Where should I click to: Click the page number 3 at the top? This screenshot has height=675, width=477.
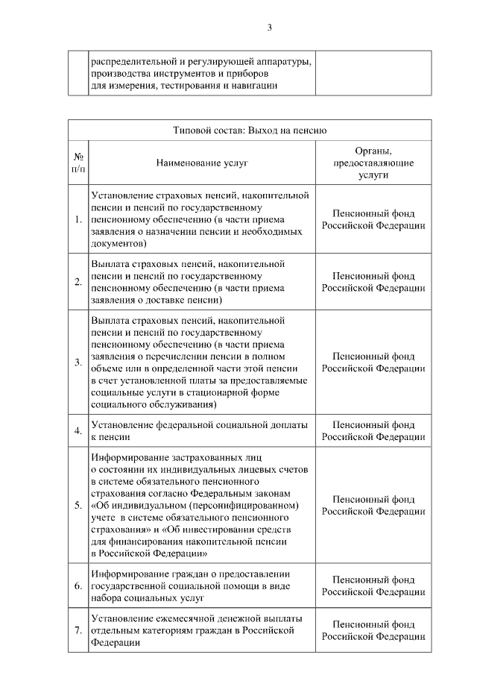[270, 28]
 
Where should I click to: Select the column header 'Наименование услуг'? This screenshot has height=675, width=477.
[202, 162]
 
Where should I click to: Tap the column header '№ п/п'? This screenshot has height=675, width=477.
[78, 163]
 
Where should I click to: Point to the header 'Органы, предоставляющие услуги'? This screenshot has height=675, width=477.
[373, 162]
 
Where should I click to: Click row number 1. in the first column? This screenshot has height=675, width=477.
[78, 219]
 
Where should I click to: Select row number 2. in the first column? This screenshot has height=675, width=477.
[78, 281]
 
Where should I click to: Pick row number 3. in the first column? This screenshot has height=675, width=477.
[78, 362]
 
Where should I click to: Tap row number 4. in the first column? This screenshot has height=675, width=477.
[78, 431]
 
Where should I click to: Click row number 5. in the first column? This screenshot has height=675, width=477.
[78, 505]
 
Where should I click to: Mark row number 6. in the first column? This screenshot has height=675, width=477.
[78, 585]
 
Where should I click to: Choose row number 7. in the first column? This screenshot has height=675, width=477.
[78, 630]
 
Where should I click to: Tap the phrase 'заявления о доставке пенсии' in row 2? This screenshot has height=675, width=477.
[157, 300]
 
